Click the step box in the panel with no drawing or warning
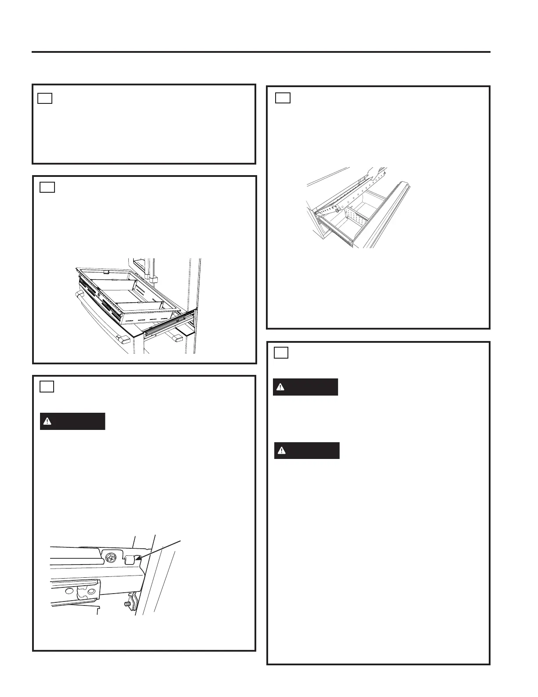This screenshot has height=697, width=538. pyautogui.click(x=45, y=98)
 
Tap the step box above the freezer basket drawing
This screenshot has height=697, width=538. pyautogui.click(x=47, y=187)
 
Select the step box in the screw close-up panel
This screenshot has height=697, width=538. pyautogui.click(x=47, y=386)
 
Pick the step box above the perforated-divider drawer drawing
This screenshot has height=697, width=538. pyautogui.click(x=283, y=98)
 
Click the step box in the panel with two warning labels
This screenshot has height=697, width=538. pyautogui.click(x=281, y=353)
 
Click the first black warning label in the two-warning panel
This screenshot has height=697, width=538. pyautogui.click(x=305, y=387)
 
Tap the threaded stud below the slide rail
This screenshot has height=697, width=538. pyautogui.click(x=130, y=599)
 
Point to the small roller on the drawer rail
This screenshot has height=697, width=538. pyautogui.click(x=336, y=211)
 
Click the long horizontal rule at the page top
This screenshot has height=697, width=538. pyautogui.click(x=261, y=52)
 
